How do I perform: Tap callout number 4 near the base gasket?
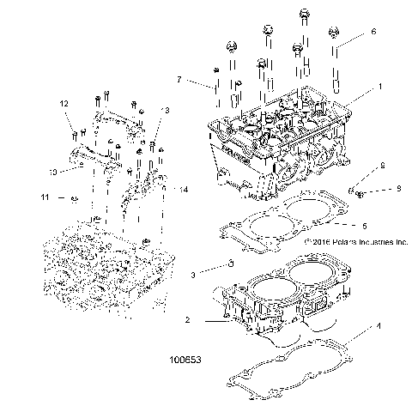pos(378,327)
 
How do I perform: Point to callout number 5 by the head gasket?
pos(365,226)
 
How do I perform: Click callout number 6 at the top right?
pos(373,31)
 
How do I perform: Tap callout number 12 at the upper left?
pos(63,104)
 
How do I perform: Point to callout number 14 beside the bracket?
pos(183,188)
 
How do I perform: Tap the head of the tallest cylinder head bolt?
pos(304,15)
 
